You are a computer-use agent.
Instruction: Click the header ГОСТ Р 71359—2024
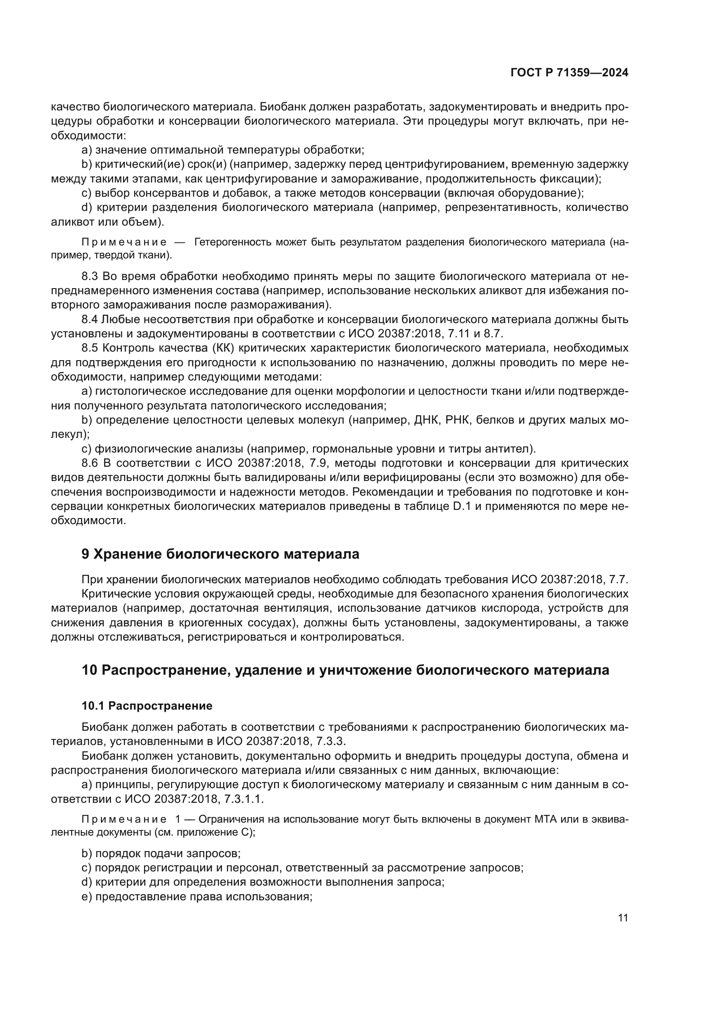569,73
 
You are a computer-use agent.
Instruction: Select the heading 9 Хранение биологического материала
220,554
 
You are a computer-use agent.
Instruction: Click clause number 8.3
91,277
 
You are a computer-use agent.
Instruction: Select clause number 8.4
91,320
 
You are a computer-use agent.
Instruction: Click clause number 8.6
91,463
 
